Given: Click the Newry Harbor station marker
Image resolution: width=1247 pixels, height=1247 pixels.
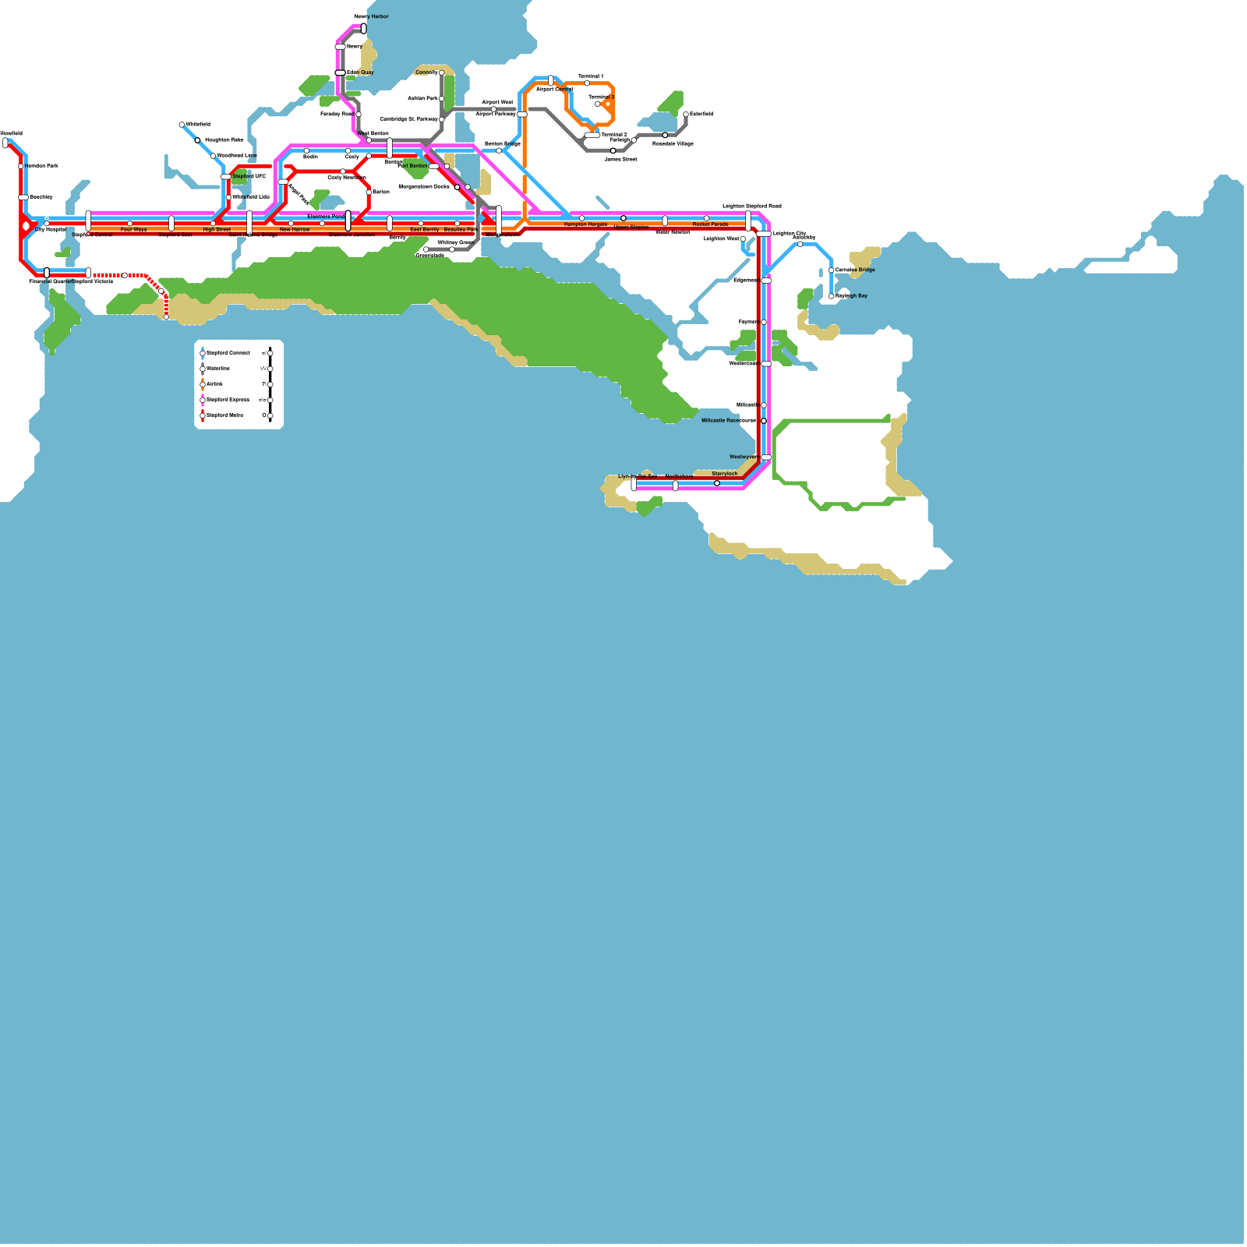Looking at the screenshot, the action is click(x=363, y=29).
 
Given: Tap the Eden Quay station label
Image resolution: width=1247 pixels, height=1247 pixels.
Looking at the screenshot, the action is click(x=360, y=72).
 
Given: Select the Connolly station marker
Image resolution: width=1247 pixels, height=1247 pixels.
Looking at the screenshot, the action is click(x=441, y=72).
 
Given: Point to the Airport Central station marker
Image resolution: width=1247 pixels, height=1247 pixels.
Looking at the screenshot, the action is click(x=551, y=79).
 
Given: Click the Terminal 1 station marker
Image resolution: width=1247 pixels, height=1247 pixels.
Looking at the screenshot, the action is click(x=587, y=83).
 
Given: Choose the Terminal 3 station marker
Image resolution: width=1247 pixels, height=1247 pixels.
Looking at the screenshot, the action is click(x=598, y=104).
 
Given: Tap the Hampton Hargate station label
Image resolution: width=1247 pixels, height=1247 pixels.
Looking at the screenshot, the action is click(x=585, y=224).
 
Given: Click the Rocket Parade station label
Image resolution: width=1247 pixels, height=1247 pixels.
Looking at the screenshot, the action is click(x=710, y=224).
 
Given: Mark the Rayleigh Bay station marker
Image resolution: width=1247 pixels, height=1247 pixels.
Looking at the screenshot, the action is click(x=832, y=296).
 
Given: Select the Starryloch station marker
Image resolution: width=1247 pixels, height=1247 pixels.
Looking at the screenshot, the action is click(x=717, y=483).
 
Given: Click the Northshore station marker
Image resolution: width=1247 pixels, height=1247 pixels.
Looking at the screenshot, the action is click(x=675, y=486).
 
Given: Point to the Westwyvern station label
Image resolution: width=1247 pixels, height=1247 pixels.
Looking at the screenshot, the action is click(x=744, y=457).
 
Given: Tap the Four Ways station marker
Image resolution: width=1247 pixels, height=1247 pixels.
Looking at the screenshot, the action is click(x=129, y=224).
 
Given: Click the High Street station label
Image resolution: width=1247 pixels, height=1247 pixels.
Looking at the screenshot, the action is click(x=217, y=230).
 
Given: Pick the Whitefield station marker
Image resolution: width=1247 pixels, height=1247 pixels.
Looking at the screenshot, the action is click(x=182, y=125).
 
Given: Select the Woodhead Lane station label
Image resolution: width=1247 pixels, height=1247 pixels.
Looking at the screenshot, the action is click(x=236, y=156).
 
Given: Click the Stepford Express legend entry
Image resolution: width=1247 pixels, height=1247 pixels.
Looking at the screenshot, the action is click(x=227, y=400).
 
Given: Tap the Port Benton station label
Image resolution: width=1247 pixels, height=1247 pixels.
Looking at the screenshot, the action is click(x=412, y=166).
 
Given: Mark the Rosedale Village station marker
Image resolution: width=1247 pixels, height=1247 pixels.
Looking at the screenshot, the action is click(x=665, y=136).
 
